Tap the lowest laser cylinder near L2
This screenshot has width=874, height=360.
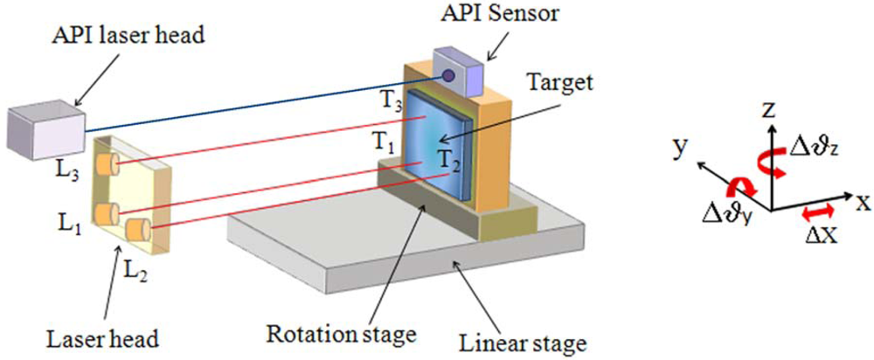point(137,232)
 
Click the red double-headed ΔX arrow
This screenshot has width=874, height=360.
point(820,214)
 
